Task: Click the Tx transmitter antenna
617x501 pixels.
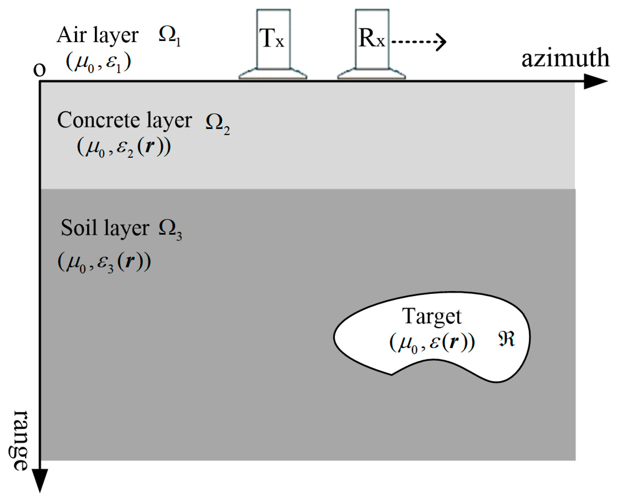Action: (273, 43)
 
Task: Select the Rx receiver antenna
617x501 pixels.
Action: (372, 43)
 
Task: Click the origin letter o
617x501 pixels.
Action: (40, 69)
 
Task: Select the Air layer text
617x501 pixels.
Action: (97, 36)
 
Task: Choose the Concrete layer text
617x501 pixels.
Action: (124, 120)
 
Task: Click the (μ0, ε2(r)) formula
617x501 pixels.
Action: (124, 148)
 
